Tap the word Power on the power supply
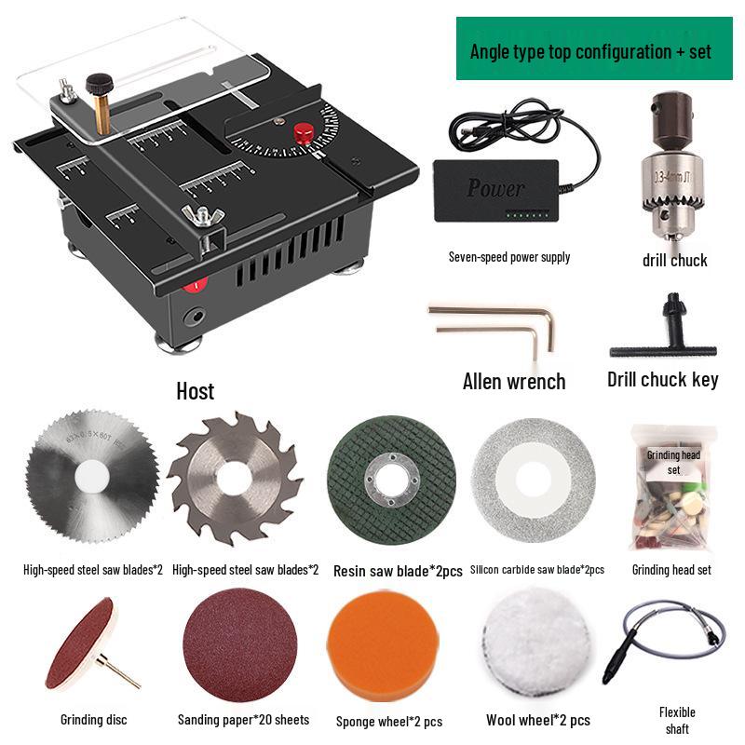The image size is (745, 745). click(x=495, y=188)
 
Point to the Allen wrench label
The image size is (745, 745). click(x=514, y=381)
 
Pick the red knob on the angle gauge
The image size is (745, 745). click(x=304, y=133)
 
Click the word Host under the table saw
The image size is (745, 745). click(x=195, y=391)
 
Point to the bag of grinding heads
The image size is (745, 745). click(x=671, y=490)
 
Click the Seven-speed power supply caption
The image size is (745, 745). click(x=509, y=257)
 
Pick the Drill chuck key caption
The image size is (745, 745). click(x=662, y=380)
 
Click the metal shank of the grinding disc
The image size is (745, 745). click(x=119, y=671)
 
